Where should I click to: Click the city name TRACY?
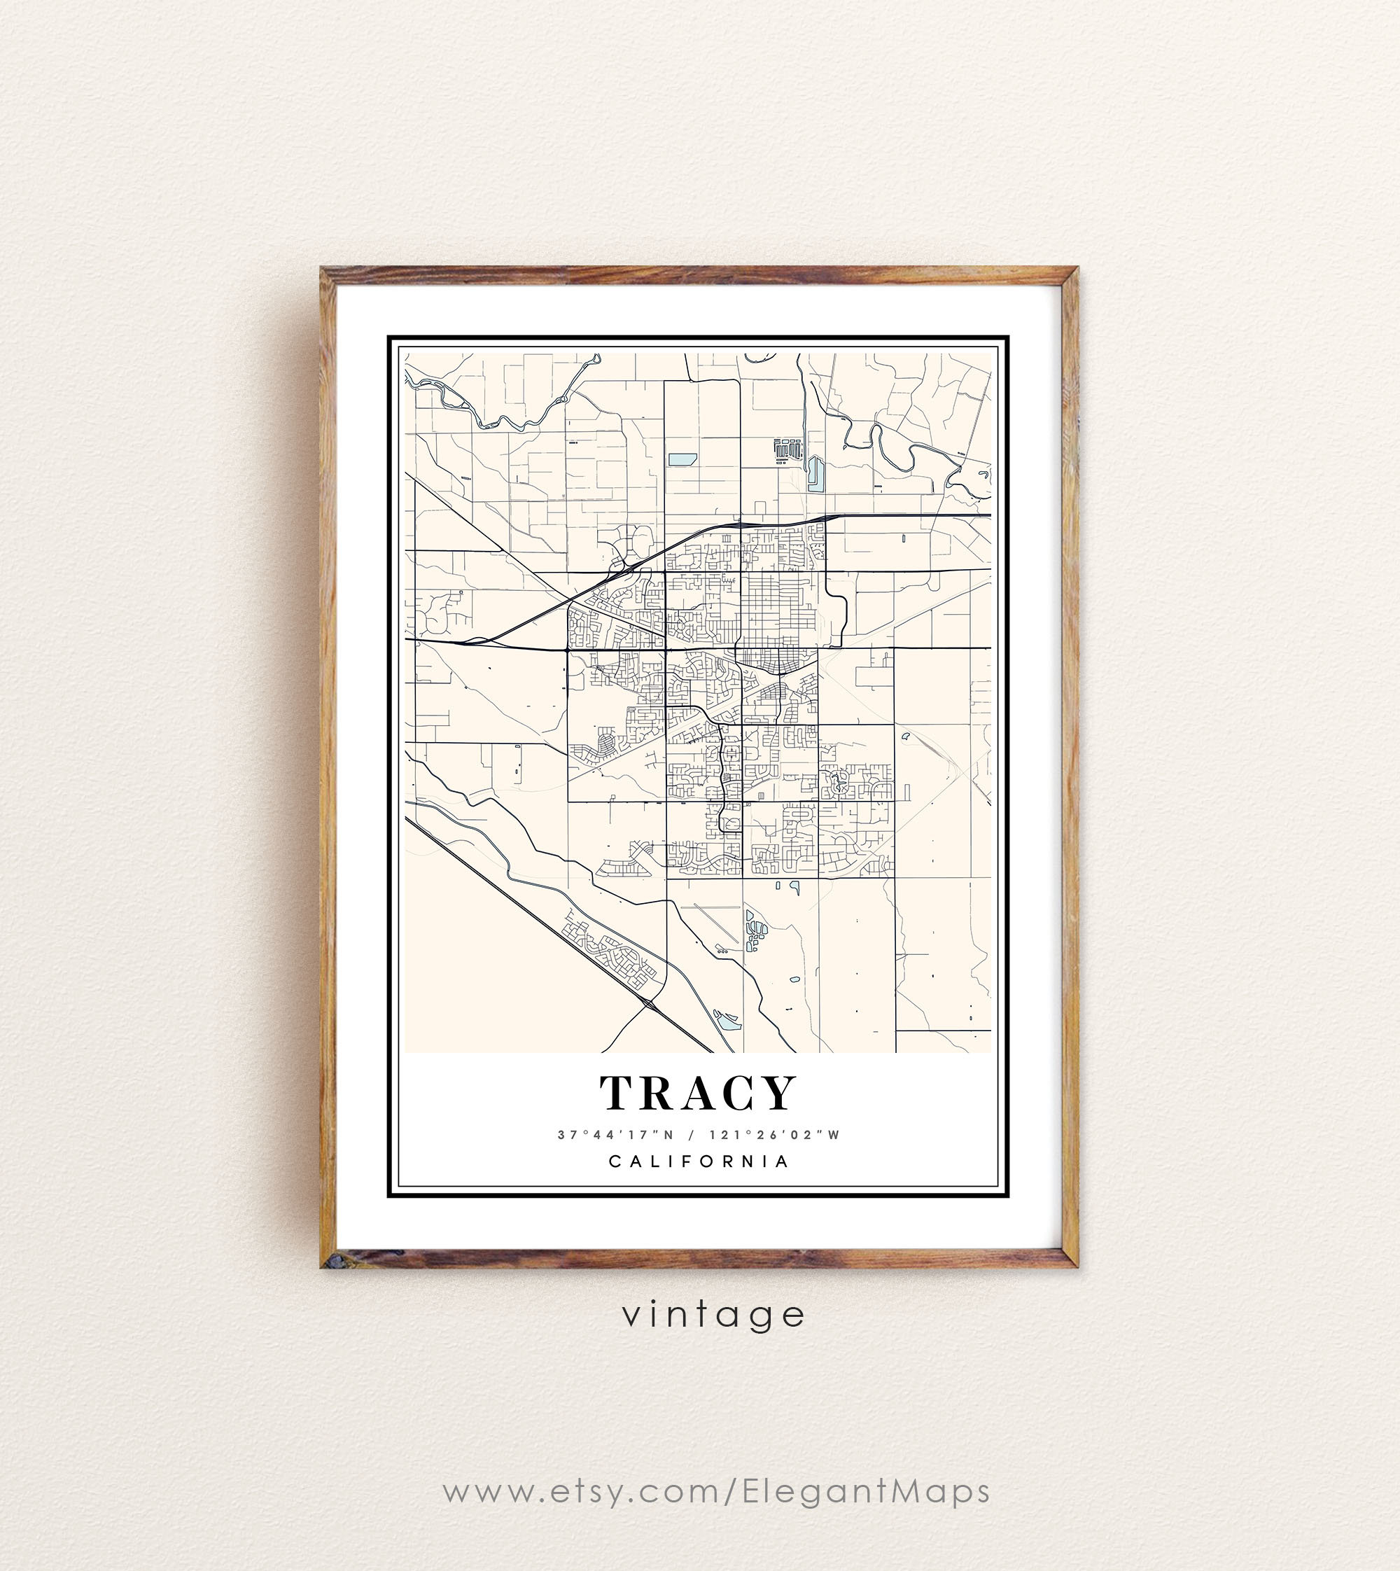click(698, 1094)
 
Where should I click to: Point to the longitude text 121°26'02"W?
click(776, 1135)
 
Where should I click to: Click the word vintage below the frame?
click(714, 1315)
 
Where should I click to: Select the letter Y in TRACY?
click(778, 1094)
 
